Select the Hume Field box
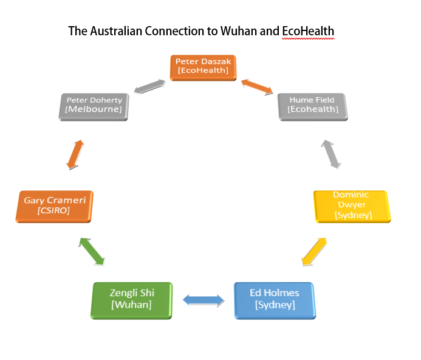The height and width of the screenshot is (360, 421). [x=312, y=105]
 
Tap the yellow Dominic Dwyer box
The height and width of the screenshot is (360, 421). [x=351, y=205]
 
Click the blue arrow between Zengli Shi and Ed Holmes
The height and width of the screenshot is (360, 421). [x=204, y=299]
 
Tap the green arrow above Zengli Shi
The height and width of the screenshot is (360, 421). [x=92, y=251]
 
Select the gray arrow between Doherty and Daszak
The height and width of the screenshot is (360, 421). [x=149, y=87]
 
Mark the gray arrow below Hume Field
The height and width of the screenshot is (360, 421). [x=331, y=153]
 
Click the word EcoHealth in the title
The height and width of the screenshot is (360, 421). [x=308, y=31]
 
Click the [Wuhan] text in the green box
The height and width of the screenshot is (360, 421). [x=132, y=304]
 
